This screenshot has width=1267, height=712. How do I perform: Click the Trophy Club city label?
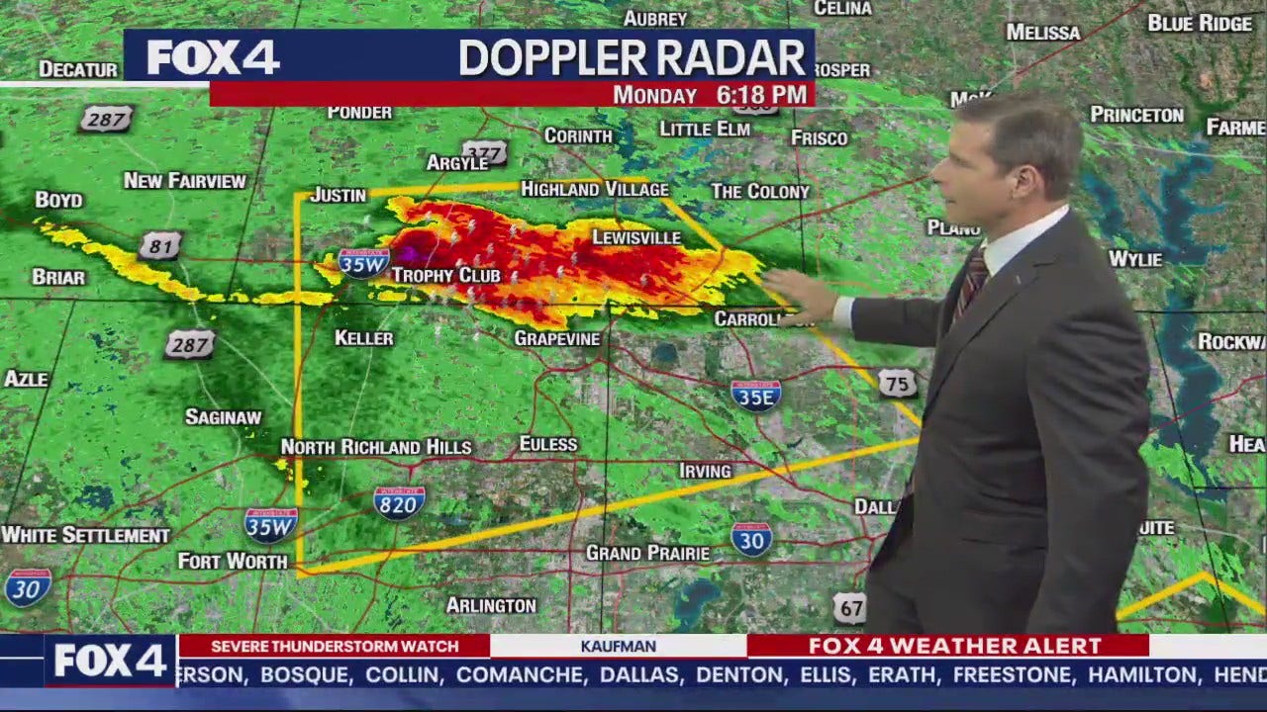click(446, 275)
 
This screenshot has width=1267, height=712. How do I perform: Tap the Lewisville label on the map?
click(636, 237)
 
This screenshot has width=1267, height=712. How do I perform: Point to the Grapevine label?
click(557, 338)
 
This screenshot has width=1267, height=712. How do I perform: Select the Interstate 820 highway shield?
click(399, 502)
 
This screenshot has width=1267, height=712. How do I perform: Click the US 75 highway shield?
click(897, 384)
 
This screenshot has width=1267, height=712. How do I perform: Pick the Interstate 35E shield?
click(756, 395)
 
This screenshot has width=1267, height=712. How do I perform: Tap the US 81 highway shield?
click(159, 245)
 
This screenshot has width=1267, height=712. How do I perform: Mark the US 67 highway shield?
click(849, 607)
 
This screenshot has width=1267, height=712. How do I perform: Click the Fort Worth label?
click(233, 561)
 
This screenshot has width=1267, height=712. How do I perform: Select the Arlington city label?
click(491, 605)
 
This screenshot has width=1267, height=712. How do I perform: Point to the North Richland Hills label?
click(376, 447)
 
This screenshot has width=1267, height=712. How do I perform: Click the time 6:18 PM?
click(762, 95)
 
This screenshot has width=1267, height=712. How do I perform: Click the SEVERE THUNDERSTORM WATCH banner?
click(335, 646)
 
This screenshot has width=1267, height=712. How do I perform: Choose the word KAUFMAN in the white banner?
click(619, 646)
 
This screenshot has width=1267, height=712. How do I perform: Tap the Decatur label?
click(78, 69)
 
